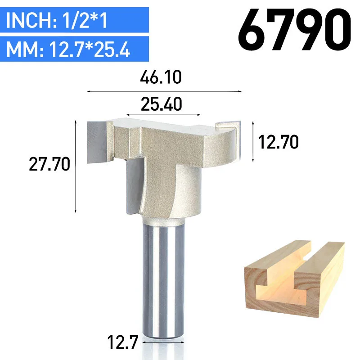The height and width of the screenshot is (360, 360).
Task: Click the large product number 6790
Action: pos(294,30)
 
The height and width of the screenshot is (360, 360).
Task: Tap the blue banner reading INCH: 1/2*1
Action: pos(74,20)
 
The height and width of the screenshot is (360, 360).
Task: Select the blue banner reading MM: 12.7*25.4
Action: pos(74,49)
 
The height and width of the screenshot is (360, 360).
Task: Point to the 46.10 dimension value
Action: pos(161,77)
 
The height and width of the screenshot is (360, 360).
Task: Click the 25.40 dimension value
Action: pos(162,104)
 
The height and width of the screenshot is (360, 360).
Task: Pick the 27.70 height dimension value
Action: pos(49,164)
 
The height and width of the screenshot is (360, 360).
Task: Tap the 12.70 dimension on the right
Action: pos(278,142)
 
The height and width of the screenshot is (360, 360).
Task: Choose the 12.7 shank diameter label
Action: pos(122,342)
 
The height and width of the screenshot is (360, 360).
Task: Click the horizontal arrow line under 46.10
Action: pos(164,91)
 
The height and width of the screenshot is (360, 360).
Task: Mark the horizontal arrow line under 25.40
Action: pos(163,115)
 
